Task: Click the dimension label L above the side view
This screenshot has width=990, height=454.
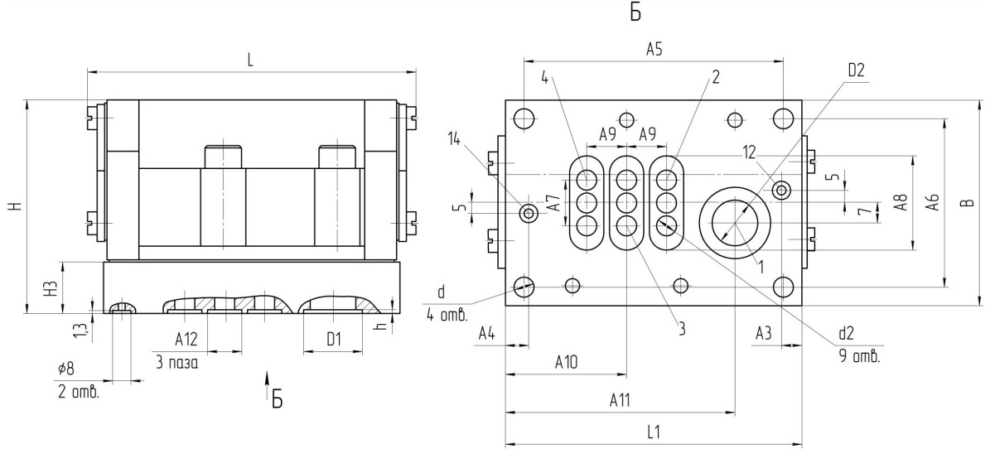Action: pos(251,60)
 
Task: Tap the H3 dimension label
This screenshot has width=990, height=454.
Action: pos(54,289)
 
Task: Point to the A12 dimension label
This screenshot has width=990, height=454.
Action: pos(186,340)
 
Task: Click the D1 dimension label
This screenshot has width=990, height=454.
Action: pos(334,340)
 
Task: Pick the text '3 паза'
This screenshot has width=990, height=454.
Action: pos(176,362)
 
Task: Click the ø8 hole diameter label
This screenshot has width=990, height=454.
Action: pos(65,368)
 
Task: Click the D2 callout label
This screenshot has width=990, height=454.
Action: pos(856,70)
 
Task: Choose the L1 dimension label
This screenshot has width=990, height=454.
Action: pos(654,432)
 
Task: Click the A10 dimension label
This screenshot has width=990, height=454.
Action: pos(567,362)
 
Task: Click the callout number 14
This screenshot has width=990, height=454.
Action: pos(455,138)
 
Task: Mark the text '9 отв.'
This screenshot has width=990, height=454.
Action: pos(859,357)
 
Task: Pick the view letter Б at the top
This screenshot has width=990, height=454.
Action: pos(635,12)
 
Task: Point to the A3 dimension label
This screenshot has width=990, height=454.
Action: pos(765,333)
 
